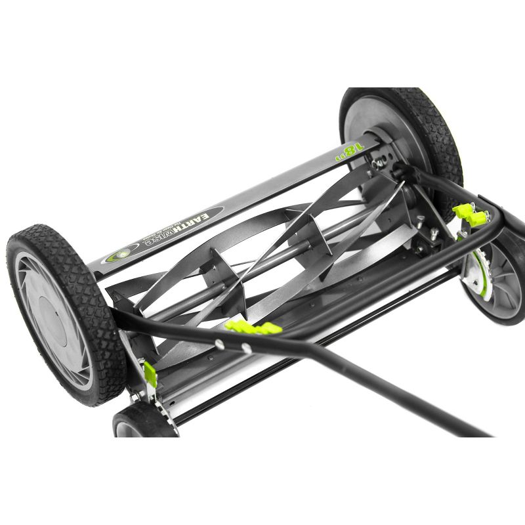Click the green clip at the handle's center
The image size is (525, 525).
point(253,327)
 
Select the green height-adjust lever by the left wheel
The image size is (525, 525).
point(150,374)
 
